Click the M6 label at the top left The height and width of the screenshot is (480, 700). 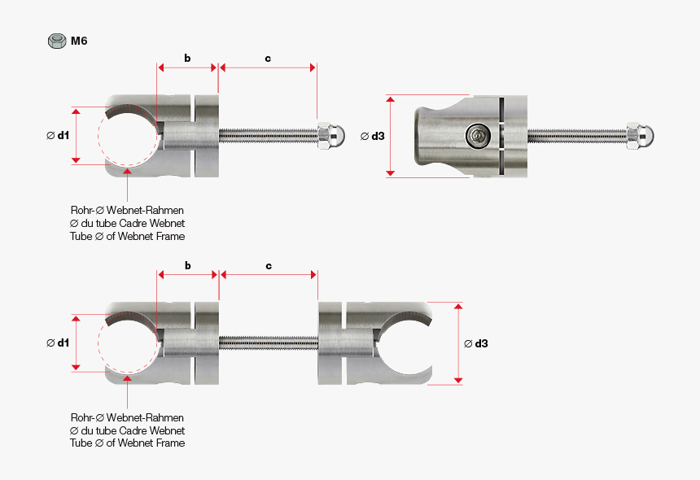pyautogui.click(x=78, y=40)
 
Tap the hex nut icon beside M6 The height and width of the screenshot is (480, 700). pyautogui.click(x=57, y=41)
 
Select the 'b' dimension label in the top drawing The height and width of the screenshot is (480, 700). pyautogui.click(x=187, y=59)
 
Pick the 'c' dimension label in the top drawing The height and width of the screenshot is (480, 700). pyautogui.click(x=268, y=59)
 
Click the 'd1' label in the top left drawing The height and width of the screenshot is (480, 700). pyautogui.click(x=58, y=136)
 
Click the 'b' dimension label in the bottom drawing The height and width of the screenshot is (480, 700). pyautogui.click(x=187, y=266)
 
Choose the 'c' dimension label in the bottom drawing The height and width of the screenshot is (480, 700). pyautogui.click(x=268, y=266)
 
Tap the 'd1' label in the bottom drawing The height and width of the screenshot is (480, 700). pyautogui.click(x=58, y=343)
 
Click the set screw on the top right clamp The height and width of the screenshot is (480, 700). pyautogui.click(x=478, y=136)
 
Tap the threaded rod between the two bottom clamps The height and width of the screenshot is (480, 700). pyautogui.click(x=268, y=343)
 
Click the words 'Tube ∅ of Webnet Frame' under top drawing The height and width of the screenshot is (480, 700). pyautogui.click(x=127, y=236)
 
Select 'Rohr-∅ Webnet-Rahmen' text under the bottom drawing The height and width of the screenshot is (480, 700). pyautogui.click(x=127, y=417)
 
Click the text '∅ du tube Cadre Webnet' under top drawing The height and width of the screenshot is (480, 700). pyautogui.click(x=127, y=223)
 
